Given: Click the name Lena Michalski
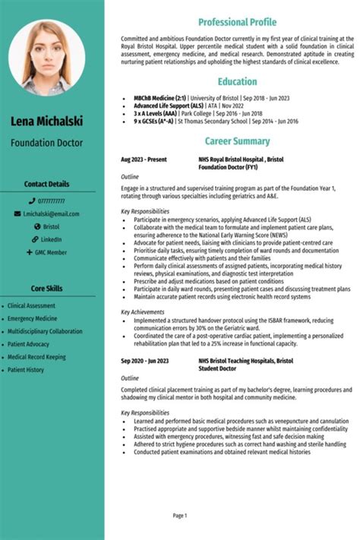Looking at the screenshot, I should tap(52, 122).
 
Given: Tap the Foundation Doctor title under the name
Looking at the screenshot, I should tap(52, 142).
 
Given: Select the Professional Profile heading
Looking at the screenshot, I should tap(237, 22).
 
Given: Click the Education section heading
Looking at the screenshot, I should tap(237, 81).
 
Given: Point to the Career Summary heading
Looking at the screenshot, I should tap(237, 141).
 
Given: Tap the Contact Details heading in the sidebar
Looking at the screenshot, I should tap(46, 184).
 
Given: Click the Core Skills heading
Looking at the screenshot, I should tap(46, 289).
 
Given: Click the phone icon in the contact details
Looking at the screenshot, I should tap(32, 201).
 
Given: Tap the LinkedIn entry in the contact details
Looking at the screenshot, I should tap(52, 239).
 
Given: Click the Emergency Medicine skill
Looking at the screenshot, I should tap(32, 318).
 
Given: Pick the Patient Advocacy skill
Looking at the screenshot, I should tap(29, 344).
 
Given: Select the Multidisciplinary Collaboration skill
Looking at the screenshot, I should tap(45, 331).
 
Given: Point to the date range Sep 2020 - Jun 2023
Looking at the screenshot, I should tap(145, 361).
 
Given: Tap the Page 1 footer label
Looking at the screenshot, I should tap(180, 516).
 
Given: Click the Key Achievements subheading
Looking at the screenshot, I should tap(142, 311).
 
